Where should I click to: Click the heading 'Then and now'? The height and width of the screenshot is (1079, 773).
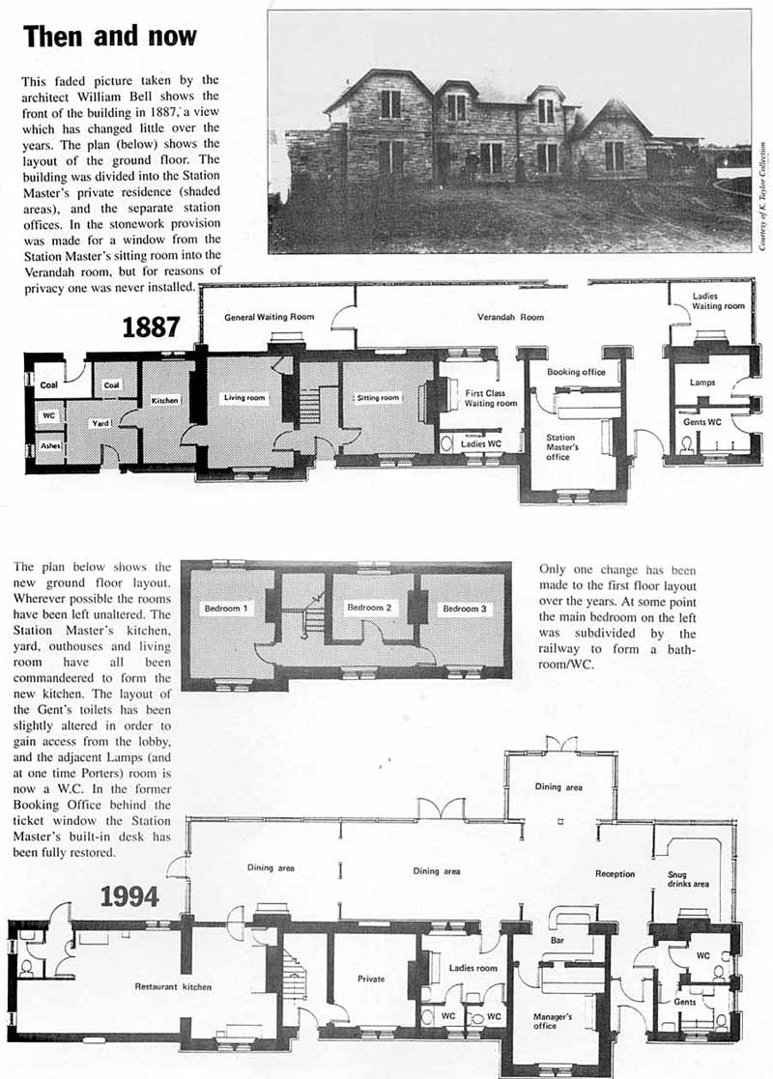110,37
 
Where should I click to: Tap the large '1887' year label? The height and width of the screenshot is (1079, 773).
152,327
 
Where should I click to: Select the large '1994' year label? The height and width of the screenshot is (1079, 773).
130,896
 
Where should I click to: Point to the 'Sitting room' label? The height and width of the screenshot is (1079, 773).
376,397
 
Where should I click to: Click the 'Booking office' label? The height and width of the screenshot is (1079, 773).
576,372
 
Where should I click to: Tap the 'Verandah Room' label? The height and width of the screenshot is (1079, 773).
510,317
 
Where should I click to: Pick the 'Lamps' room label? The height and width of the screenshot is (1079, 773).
702,383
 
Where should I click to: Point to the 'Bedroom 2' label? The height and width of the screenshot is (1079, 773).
368,608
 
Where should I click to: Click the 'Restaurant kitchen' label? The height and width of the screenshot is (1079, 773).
173,986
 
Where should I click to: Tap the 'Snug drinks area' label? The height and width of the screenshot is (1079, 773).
688,879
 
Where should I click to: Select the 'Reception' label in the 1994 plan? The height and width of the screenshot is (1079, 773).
616,874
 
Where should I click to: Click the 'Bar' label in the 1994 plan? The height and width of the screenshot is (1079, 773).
557,939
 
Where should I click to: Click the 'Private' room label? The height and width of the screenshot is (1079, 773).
371,979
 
